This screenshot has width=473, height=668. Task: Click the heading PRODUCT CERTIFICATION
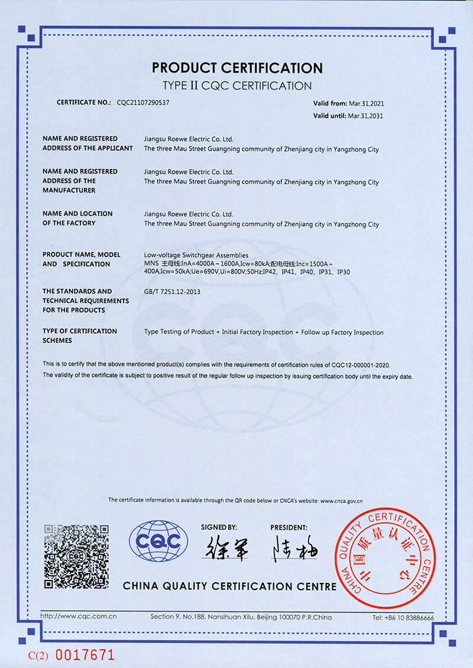[x=237, y=67]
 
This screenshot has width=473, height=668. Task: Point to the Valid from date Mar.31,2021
[x=366, y=103]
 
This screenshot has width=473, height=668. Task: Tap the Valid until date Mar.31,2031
[x=365, y=116]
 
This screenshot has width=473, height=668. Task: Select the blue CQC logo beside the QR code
[x=159, y=541]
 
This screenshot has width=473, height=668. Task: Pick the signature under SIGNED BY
[x=225, y=549]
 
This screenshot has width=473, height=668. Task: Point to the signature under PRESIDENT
[x=294, y=549]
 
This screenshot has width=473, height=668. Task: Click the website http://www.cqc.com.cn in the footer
[x=78, y=617]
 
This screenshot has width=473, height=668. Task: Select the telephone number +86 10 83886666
[x=403, y=618]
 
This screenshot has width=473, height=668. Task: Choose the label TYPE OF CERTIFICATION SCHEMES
[x=79, y=335]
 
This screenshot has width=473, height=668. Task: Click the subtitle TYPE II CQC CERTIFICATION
[x=237, y=85]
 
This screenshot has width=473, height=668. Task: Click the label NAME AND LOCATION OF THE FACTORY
[x=77, y=218]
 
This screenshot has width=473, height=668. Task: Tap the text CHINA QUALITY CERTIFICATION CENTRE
[x=229, y=586]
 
